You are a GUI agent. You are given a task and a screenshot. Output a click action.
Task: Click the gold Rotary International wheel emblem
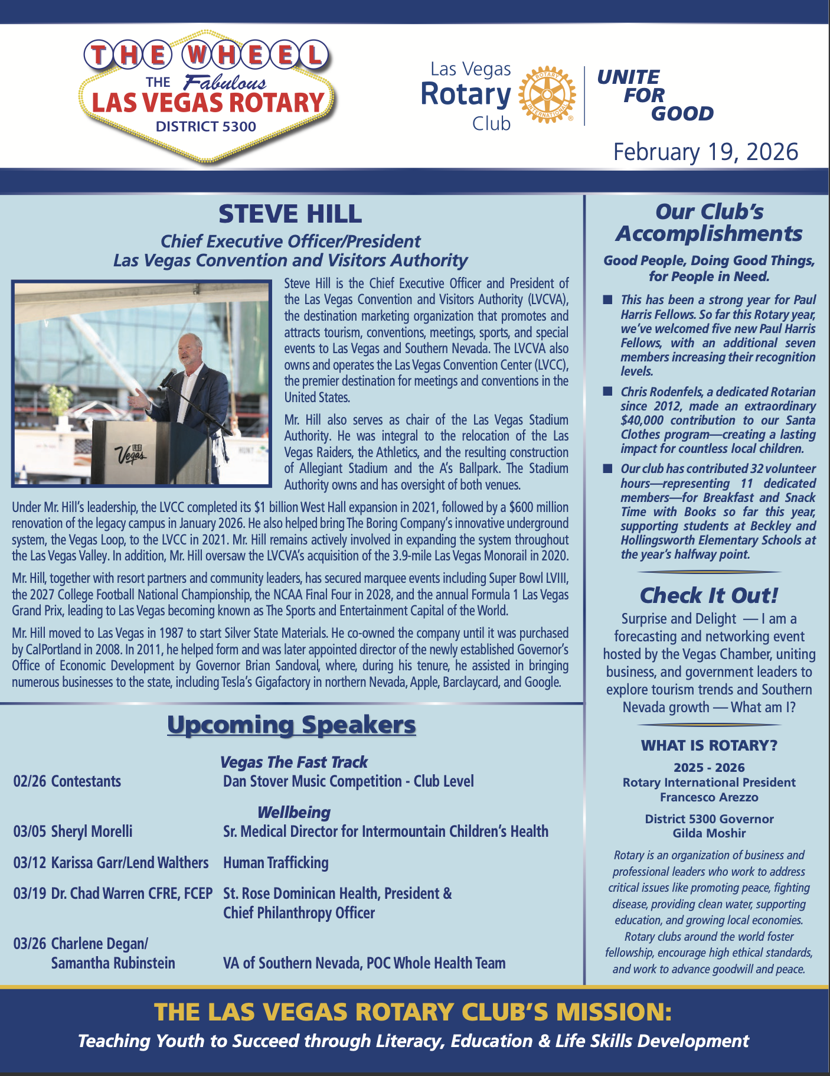pyautogui.click(x=546, y=94)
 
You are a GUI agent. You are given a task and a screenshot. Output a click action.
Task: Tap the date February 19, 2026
pyautogui.click(x=705, y=152)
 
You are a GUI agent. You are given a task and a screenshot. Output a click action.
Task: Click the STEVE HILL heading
pyautogui.click(x=290, y=214)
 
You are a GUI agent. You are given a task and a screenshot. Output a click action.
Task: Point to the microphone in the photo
pyautogui.click(x=168, y=378)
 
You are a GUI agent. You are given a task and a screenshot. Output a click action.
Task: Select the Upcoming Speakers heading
pyautogui.click(x=291, y=725)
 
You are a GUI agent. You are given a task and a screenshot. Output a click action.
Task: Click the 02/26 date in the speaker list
pyautogui.click(x=30, y=781)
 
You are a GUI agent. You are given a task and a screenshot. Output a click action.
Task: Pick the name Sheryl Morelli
pyautogui.click(x=92, y=832)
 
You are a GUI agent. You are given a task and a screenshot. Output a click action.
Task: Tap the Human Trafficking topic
pyautogui.click(x=276, y=863)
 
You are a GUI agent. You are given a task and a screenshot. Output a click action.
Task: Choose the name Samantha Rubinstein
pyautogui.click(x=113, y=963)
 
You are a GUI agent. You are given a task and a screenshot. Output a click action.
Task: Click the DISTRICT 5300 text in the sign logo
pyautogui.click(x=206, y=126)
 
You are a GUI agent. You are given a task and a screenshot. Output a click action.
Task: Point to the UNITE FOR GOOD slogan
pyautogui.click(x=655, y=95)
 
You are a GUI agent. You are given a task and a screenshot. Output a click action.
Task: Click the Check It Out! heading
pyautogui.click(x=709, y=595)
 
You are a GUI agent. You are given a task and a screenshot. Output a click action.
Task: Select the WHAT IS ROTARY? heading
pyautogui.click(x=709, y=745)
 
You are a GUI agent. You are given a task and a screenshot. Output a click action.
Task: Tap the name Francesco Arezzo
pyautogui.click(x=709, y=797)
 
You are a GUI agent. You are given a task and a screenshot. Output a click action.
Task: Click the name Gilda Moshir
pyautogui.click(x=709, y=833)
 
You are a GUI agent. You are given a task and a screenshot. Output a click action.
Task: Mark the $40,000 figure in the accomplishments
pyautogui.click(x=642, y=420)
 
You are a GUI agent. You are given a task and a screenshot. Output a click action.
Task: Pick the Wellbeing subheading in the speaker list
pyautogui.click(x=293, y=813)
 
